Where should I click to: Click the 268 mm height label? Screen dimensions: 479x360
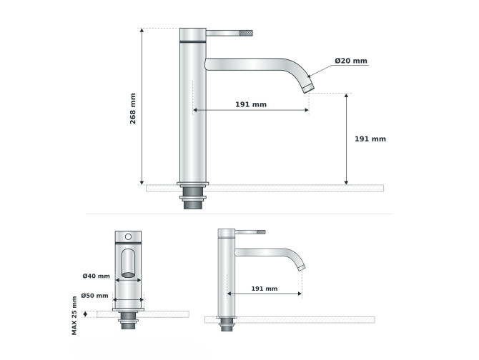[133, 109]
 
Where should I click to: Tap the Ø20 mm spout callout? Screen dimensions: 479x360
[351, 61]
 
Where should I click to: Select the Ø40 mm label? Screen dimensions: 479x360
[97, 276]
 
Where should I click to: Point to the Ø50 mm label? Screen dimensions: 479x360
[94, 296]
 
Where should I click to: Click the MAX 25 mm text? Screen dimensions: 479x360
[74, 316]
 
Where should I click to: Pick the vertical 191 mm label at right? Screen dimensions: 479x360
[370, 139]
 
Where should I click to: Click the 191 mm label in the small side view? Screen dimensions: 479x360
[265, 289]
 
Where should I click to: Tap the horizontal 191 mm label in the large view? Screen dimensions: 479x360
[251, 104]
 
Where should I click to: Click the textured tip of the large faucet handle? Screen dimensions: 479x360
[246, 33]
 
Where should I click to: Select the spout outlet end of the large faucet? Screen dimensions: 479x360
[308, 87]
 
